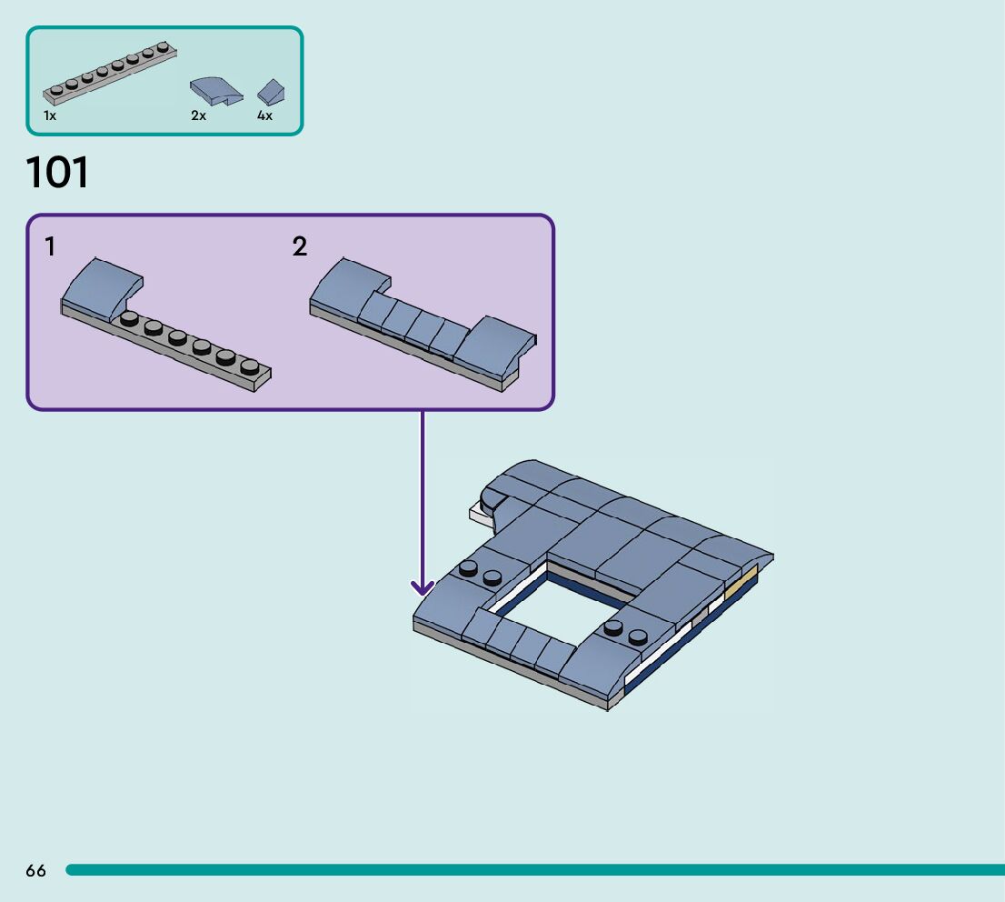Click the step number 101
(x=58, y=173)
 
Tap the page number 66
(x=35, y=871)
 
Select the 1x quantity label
(x=50, y=116)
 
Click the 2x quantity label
(x=198, y=116)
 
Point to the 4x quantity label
(x=264, y=116)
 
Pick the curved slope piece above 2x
(x=216, y=91)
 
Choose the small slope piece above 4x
(x=271, y=91)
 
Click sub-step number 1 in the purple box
(x=50, y=246)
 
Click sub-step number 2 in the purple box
(x=300, y=246)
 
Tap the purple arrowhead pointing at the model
(x=422, y=586)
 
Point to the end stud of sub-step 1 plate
(x=249, y=366)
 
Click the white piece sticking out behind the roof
(x=479, y=515)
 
